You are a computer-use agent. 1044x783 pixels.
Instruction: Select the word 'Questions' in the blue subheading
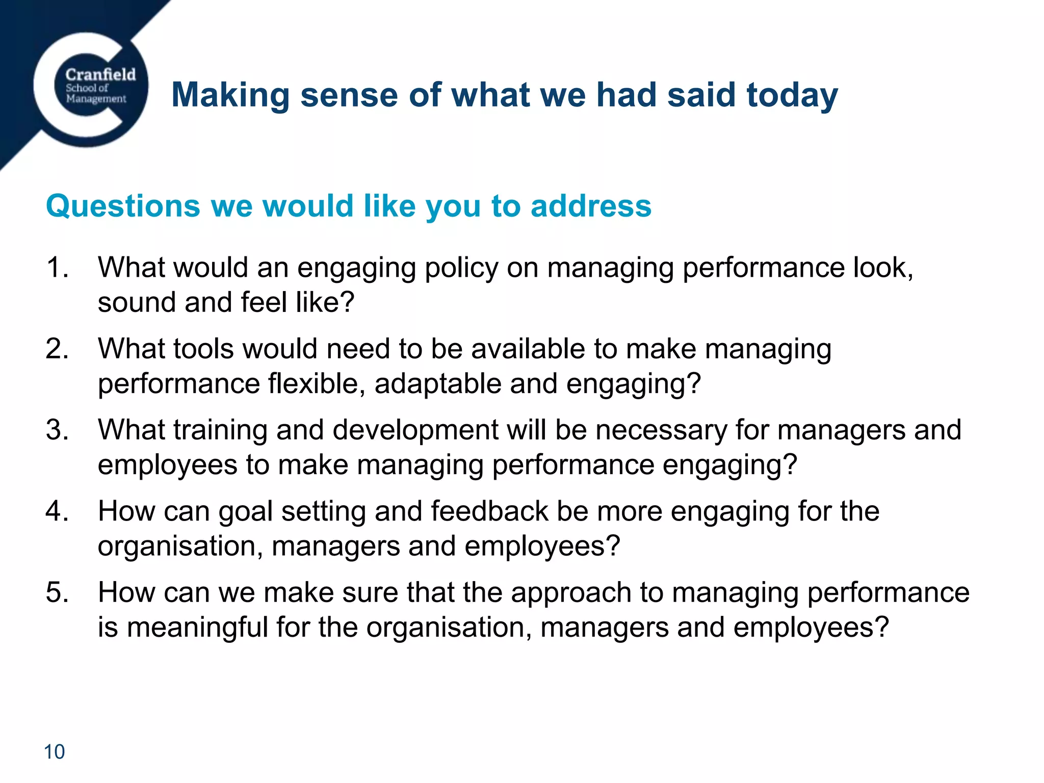click(123, 206)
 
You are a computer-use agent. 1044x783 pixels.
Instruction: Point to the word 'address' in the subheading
click(591, 206)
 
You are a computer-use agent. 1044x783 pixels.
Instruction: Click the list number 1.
click(57, 267)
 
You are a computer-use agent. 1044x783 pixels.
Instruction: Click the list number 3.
click(57, 430)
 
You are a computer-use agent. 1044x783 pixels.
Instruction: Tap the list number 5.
click(57, 592)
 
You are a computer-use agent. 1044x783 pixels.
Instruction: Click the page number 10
click(55, 752)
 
